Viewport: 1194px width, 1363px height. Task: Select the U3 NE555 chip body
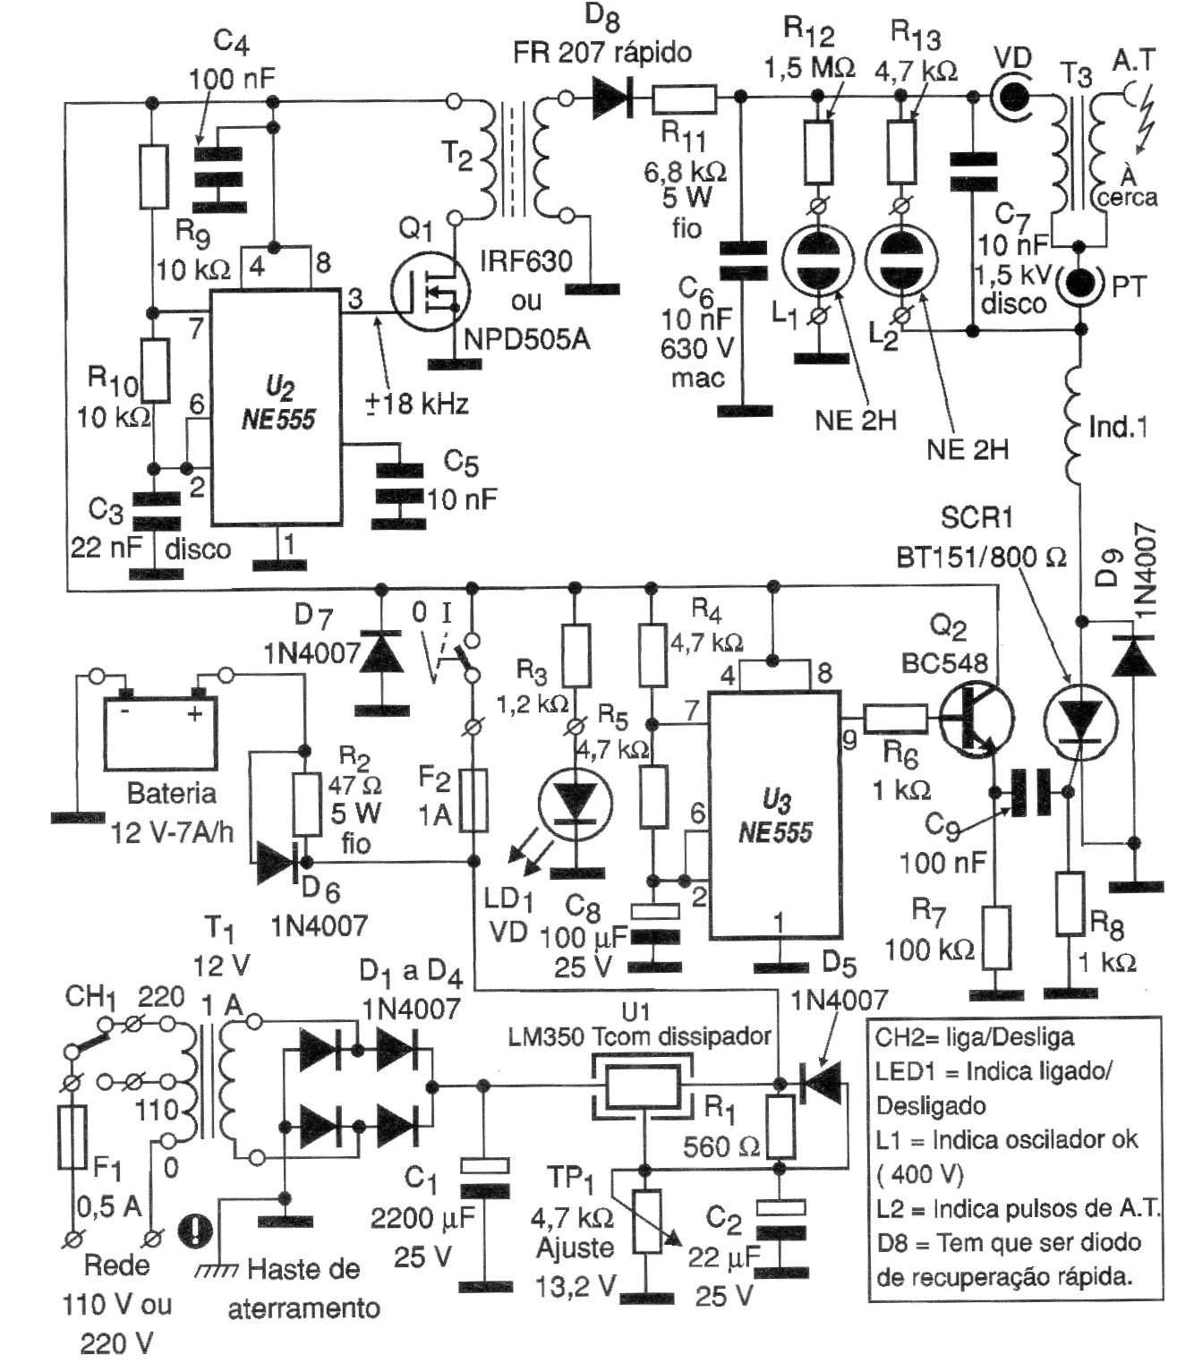(775, 814)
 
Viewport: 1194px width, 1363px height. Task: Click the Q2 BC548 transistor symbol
(976, 716)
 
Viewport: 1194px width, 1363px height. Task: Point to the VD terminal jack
(1013, 95)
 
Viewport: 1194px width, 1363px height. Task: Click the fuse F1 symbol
(72, 1137)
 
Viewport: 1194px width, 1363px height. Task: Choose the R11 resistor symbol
(684, 98)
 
